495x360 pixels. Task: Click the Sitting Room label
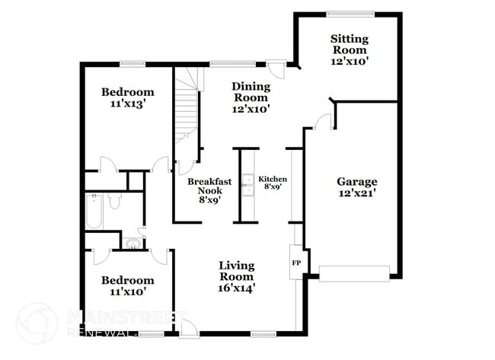pyautogui.click(x=350, y=49)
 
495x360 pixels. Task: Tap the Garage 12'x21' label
pyautogui.click(x=357, y=187)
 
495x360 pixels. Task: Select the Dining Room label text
pyautogui.click(x=251, y=97)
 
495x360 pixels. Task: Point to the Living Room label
pyautogui.click(x=237, y=276)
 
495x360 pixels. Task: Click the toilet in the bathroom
pyautogui.click(x=114, y=201)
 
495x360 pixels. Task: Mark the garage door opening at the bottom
pyautogui.click(x=354, y=272)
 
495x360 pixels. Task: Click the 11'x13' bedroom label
pyautogui.click(x=128, y=98)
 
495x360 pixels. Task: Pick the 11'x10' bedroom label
pyautogui.click(x=128, y=285)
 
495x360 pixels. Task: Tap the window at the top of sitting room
pyautogui.click(x=350, y=13)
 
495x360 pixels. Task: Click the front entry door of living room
pyautogui.click(x=190, y=327)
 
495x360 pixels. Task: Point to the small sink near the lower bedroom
pyautogui.click(x=134, y=244)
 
